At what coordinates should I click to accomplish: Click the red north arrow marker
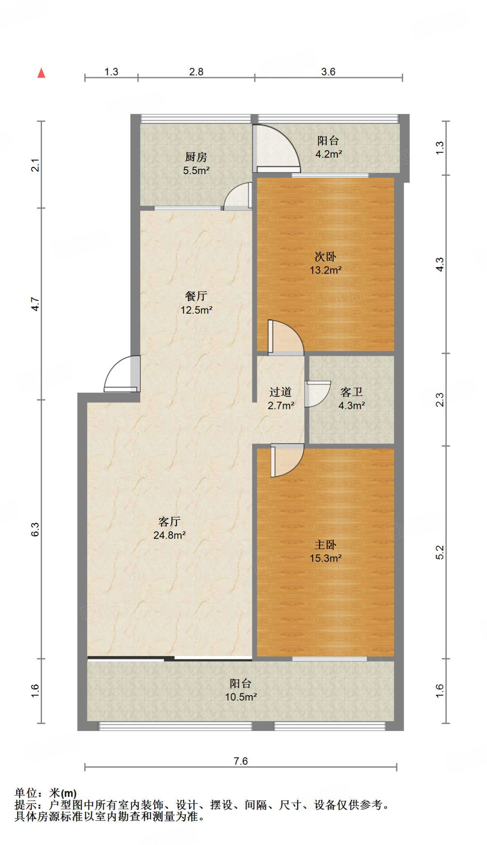41,73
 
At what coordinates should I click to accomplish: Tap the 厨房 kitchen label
196,157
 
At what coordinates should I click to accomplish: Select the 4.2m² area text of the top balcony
329,154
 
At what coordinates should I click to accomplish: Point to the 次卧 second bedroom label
325,257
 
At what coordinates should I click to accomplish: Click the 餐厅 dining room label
196,296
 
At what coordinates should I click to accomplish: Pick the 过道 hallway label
280,392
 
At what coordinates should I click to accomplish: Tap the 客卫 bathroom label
351,392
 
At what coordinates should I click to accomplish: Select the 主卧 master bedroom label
325,545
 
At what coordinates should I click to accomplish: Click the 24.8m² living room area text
169,535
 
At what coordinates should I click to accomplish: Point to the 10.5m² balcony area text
241,697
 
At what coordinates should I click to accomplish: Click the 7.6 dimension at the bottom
240,761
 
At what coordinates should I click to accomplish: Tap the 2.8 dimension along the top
196,72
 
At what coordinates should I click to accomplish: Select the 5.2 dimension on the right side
440,552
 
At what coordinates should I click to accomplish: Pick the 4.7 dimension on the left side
36,304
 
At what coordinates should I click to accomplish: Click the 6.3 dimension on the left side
36,529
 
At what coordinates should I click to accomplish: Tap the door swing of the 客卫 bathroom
318,394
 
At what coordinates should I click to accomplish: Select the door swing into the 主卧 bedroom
287,460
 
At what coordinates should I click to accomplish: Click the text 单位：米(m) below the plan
46,793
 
